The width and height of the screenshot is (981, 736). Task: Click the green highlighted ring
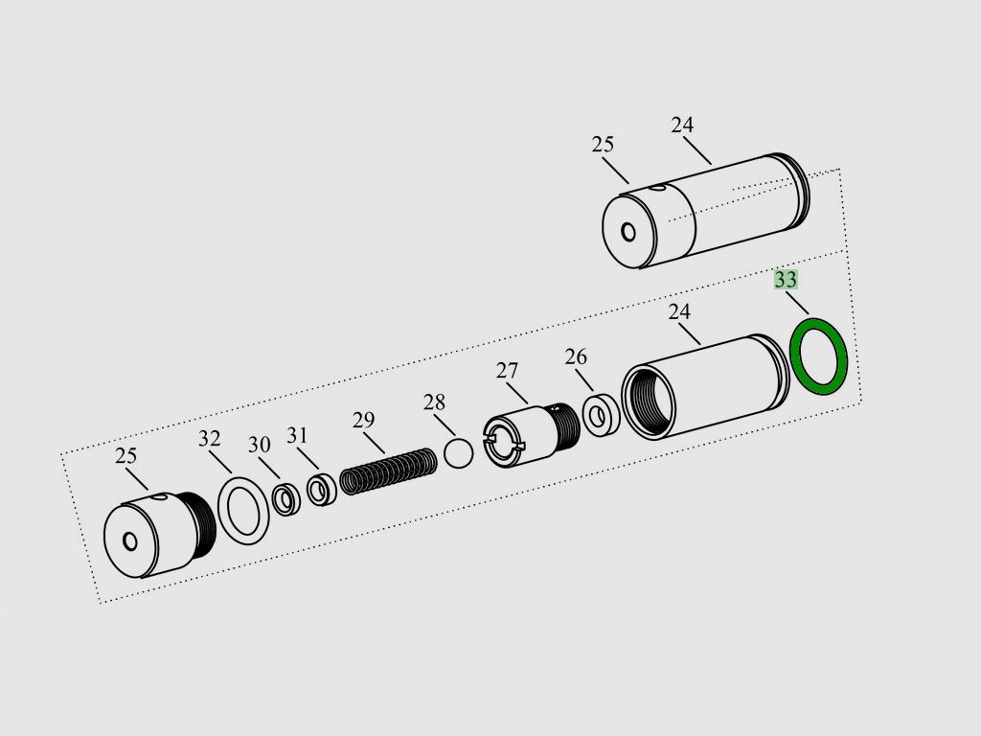point(819,356)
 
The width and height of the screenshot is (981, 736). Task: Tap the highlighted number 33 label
point(786,279)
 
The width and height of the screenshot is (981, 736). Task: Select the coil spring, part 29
point(389,471)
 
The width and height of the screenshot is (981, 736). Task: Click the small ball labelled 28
point(459,452)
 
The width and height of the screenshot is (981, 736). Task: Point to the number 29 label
point(363,420)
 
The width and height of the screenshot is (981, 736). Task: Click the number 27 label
point(508,371)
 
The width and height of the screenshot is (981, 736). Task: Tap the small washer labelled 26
point(602,414)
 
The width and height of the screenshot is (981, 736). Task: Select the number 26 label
point(576,356)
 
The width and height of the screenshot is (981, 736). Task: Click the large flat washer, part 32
point(243,511)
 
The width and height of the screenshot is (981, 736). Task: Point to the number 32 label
point(210,439)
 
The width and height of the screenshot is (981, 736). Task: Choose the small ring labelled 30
point(286,499)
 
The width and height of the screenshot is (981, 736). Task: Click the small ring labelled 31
point(322,491)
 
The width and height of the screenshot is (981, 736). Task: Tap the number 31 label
point(297,435)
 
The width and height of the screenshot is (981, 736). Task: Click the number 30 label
point(259,445)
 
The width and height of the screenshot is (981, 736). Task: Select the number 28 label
point(434,402)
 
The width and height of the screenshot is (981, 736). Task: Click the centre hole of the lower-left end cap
point(130,541)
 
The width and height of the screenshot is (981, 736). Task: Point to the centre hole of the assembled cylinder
point(628,232)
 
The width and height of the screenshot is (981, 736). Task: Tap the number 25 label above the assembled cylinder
point(603,145)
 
